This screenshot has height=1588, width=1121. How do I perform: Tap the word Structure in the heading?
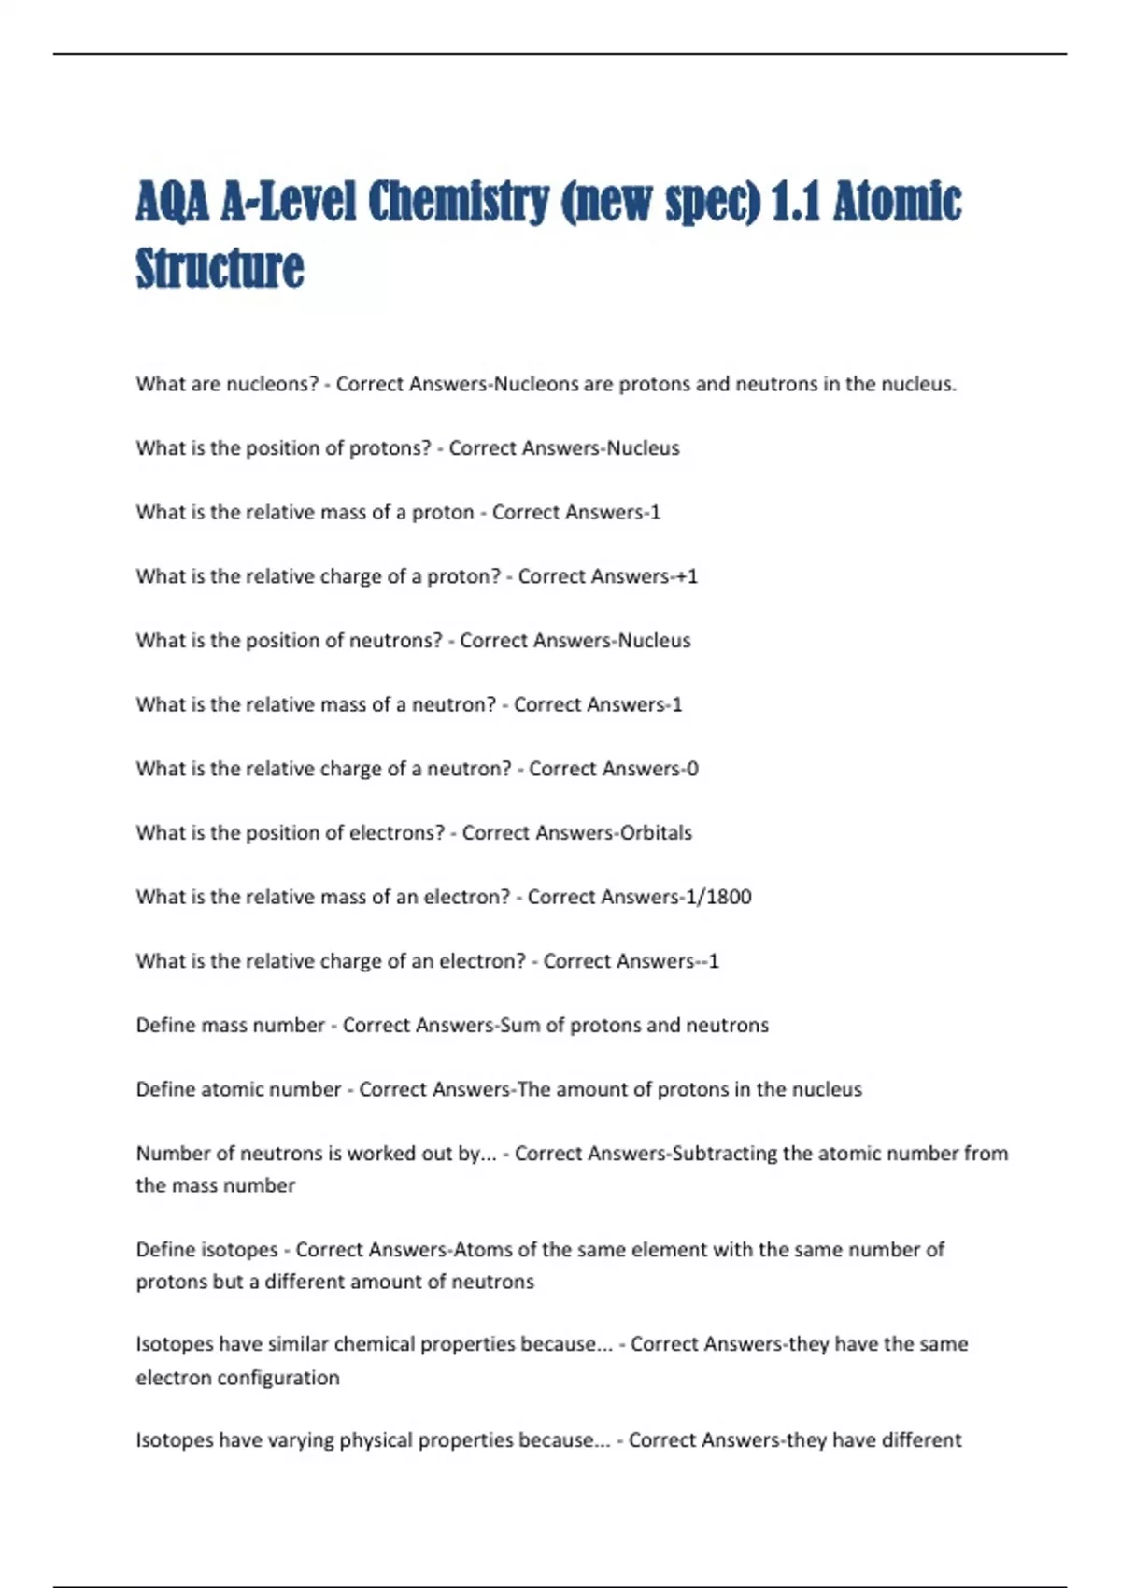pos(220,269)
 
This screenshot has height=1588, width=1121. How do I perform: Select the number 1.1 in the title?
pos(796,203)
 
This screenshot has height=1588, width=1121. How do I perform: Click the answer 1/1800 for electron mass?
pos(718,897)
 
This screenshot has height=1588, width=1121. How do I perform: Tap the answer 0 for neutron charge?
pos(692,769)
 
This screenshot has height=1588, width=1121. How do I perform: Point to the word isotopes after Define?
pos(240,1250)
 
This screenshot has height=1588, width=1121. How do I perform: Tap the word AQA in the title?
pos(172,203)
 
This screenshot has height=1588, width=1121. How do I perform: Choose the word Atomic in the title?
pos(897,203)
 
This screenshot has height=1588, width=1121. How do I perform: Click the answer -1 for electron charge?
pos(711,961)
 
